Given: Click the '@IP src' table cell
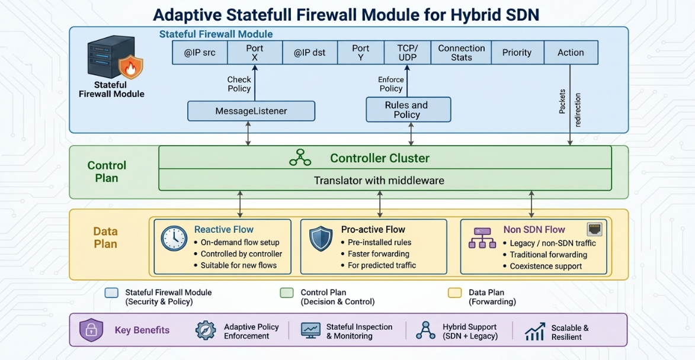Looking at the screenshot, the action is click(200, 53).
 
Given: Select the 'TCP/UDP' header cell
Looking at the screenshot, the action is click(407, 53).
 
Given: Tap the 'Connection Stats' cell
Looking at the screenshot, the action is click(461, 53).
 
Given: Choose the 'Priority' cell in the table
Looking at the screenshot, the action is click(517, 53).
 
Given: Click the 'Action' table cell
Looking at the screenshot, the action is click(571, 53).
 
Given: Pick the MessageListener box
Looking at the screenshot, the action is click(251, 111).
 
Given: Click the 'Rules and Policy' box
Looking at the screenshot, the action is click(408, 110).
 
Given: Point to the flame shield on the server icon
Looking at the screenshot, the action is click(131, 67).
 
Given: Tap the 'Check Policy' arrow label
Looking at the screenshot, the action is click(239, 84).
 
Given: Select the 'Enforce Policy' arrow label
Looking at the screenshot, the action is click(391, 84).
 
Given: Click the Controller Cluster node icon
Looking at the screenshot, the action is click(300, 157).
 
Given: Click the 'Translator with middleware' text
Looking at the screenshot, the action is click(379, 181).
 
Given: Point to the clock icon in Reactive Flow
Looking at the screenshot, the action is click(174, 238).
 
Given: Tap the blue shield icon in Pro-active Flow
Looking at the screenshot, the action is click(321, 239).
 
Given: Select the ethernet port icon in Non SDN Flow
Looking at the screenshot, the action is click(594, 229).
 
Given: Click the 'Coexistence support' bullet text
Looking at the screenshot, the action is click(546, 266).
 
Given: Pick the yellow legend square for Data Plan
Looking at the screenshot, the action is click(455, 292).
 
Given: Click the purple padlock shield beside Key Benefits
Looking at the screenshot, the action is click(91, 330).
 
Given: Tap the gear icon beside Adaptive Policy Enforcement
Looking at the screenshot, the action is click(206, 330).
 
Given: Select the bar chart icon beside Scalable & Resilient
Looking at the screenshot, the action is click(535, 332).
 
